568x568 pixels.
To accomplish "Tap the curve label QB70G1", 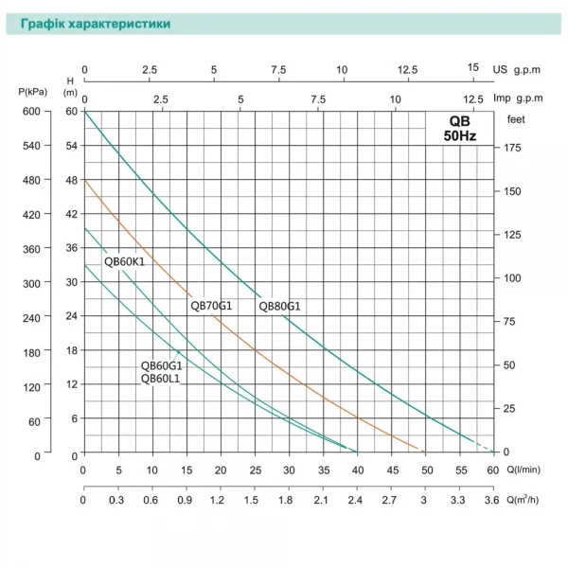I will [x=211, y=306].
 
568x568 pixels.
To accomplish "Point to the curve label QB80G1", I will [x=279, y=306].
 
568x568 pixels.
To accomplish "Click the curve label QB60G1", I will [x=161, y=366].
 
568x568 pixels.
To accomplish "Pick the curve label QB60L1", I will [x=161, y=379].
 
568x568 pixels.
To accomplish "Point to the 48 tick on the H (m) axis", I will [x=70, y=181].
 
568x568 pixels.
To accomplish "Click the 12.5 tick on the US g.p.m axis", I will [x=409, y=69].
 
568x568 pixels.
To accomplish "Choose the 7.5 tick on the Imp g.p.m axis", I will [x=318, y=98].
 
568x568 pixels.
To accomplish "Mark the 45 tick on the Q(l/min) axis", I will [x=391, y=470].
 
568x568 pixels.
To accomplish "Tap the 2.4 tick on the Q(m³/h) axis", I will [x=356, y=500].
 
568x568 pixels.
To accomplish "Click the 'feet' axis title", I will [x=516, y=118].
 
